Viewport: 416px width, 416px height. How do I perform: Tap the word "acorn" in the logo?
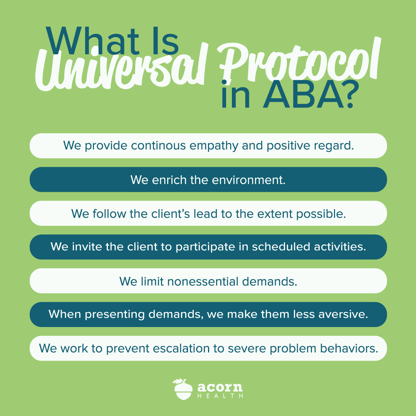[x=220, y=387]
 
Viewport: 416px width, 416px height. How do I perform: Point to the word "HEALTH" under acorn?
[x=220, y=396]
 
